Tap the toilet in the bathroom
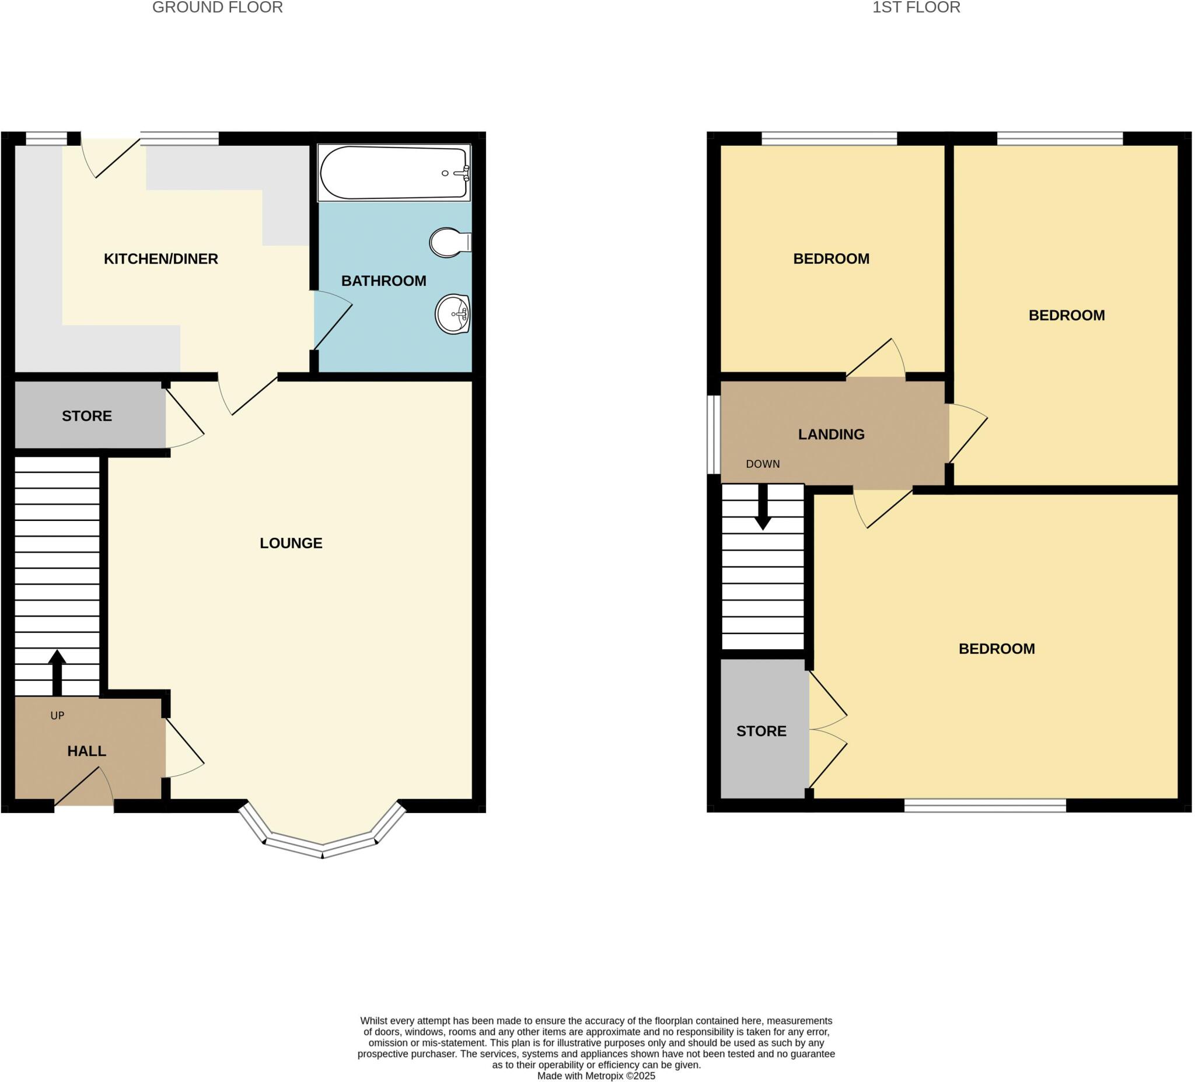pyautogui.click(x=448, y=242)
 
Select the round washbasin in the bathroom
pyautogui.click(x=453, y=314)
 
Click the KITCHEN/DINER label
pyautogui.click(x=160, y=259)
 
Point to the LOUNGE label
pyautogui.click(x=291, y=544)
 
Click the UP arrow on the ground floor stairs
pyautogui.click(x=57, y=673)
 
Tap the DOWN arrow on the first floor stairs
pyautogui.click(x=763, y=507)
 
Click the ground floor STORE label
pyautogui.click(x=86, y=416)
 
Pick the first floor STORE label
pyautogui.click(x=761, y=731)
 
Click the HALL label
pyautogui.click(x=86, y=751)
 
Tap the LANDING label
pyautogui.click(x=831, y=435)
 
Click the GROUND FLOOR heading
pyautogui.click(x=218, y=8)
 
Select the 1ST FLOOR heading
pyautogui.click(x=916, y=8)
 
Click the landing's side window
pyautogui.click(x=714, y=435)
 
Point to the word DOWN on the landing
pyautogui.click(x=762, y=464)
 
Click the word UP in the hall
pyautogui.click(x=57, y=715)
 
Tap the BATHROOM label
pyautogui.click(x=383, y=281)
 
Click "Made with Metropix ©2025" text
pyautogui.click(x=596, y=1076)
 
